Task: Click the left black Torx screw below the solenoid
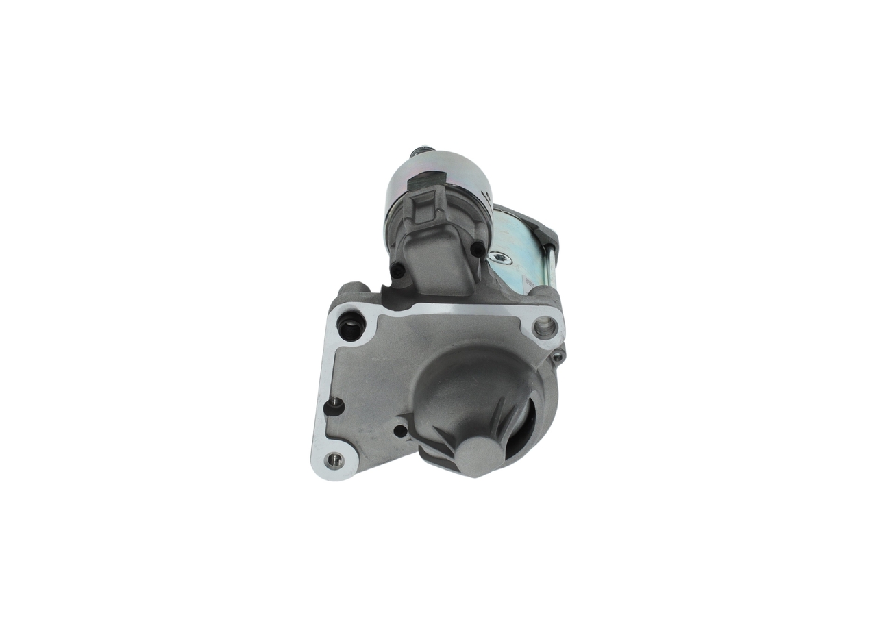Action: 398,270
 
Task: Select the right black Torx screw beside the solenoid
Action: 477,251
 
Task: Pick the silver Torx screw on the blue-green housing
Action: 500,259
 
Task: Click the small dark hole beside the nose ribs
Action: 400,431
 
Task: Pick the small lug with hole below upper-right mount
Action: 558,355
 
